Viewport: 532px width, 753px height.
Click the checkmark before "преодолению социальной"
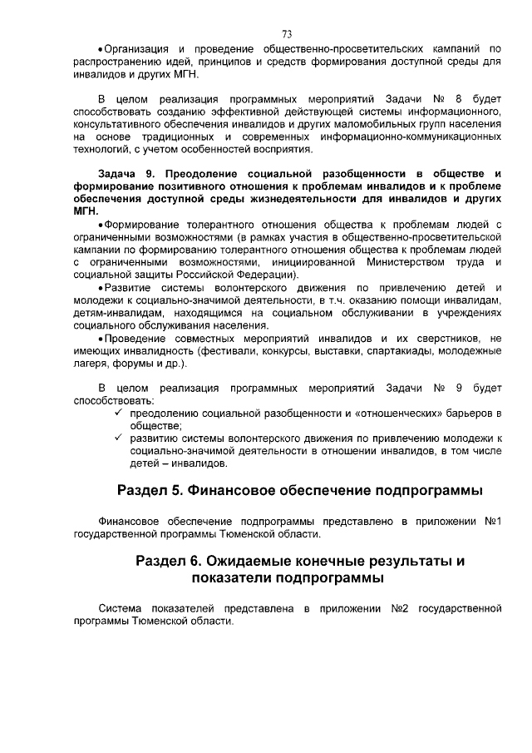120,413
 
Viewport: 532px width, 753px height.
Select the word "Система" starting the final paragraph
119,609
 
